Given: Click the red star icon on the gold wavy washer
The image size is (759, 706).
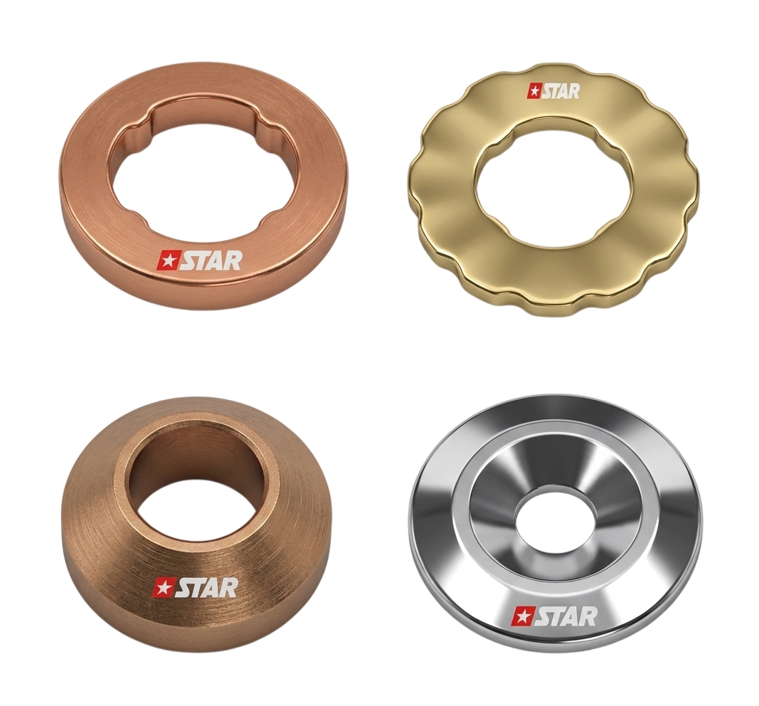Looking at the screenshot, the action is click(534, 90).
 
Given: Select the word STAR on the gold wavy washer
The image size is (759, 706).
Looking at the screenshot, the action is click(560, 91).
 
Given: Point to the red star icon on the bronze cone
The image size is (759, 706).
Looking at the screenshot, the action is click(160, 588).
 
